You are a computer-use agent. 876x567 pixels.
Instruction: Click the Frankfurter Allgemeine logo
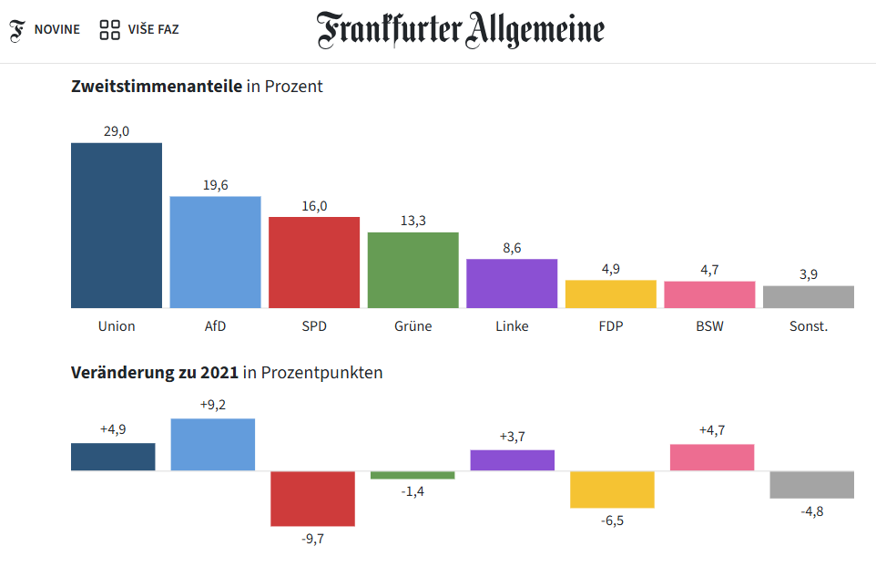coord(460,30)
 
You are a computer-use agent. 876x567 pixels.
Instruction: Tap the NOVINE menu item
coord(56,29)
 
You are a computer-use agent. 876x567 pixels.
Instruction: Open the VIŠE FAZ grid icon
coord(110,30)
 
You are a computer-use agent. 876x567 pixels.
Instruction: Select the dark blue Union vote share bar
coord(117,225)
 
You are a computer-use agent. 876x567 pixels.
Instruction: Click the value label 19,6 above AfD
coord(215,185)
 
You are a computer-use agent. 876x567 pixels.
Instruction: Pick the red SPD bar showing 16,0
coord(314,263)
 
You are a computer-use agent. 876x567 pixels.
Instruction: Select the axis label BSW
coord(709,325)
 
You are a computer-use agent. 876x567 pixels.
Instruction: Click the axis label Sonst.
coord(809,325)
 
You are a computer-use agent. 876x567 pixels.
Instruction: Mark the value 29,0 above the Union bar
coord(117,131)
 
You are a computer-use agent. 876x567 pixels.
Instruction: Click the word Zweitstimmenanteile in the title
coord(157,87)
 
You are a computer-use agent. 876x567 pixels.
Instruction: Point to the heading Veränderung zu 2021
coord(155,372)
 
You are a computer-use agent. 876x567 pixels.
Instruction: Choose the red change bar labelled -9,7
coord(312,499)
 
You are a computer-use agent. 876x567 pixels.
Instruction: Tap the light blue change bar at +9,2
coord(213,445)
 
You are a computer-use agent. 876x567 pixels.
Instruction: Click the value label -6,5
coord(612,521)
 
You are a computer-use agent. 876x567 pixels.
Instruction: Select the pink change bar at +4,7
coord(712,458)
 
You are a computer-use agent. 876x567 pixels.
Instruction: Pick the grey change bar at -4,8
coord(811,485)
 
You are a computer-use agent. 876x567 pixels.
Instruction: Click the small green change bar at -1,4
coord(413,475)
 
